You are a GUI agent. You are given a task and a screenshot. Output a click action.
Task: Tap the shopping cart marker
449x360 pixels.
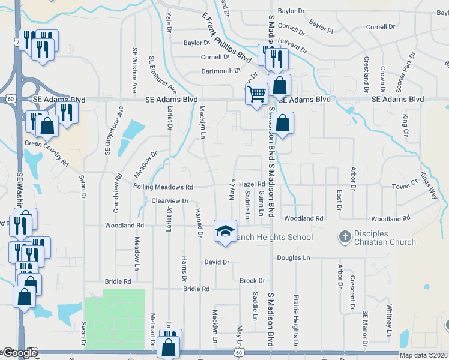256,94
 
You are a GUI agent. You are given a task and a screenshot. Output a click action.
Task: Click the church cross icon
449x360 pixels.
345,237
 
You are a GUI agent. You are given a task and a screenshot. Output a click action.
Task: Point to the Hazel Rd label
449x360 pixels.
252,184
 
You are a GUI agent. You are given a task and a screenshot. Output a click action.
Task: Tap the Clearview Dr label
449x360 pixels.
170,200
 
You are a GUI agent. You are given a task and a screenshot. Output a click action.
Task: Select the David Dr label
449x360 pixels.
217,262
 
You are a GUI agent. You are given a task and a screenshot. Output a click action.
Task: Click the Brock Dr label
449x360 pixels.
252,280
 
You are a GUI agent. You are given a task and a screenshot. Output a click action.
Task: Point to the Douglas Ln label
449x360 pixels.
294,257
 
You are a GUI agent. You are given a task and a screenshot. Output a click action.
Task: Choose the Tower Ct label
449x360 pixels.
404,186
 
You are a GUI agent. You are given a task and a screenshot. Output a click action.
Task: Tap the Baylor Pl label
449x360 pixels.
321,26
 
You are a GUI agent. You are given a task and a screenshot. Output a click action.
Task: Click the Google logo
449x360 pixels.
19,353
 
